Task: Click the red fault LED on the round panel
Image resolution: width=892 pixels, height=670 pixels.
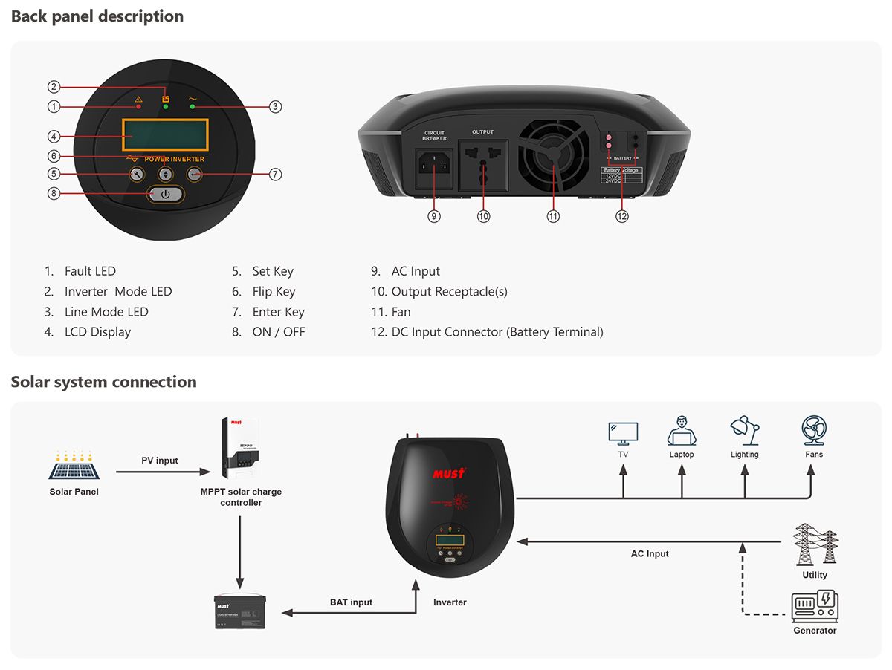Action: [x=138, y=107]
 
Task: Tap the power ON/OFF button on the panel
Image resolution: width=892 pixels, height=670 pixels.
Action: [x=165, y=194]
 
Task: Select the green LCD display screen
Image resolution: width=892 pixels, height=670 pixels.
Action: [x=165, y=135]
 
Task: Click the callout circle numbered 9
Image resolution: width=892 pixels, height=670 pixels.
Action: [x=434, y=216]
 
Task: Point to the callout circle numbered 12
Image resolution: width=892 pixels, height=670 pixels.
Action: [x=622, y=216]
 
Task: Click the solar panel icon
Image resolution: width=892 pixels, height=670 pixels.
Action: [x=74, y=466]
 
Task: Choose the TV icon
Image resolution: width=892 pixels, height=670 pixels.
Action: [x=623, y=433]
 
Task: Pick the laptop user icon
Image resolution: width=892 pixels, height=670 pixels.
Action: [x=681, y=431]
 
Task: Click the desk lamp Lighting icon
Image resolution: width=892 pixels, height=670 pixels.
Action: [x=744, y=431]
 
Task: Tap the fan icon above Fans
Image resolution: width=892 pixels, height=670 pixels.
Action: [x=813, y=431]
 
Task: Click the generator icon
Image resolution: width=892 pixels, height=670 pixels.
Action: [x=815, y=606]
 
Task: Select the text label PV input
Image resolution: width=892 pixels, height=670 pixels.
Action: [x=160, y=461]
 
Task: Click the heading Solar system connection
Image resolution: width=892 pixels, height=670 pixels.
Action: [x=104, y=382]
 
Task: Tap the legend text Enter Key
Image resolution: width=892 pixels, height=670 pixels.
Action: [x=278, y=312]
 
